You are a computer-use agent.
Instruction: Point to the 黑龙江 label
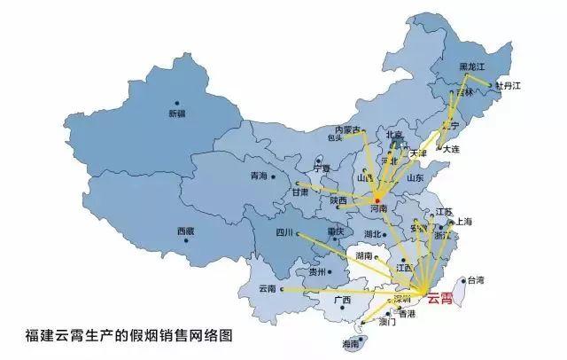pyautogui.click(x=471, y=67)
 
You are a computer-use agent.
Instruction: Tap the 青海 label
pyautogui.click(x=259, y=176)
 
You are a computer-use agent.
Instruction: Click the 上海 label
pyautogui.click(x=462, y=222)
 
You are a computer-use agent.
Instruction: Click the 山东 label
pyautogui.click(x=414, y=178)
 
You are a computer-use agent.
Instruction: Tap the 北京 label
pyautogui.click(x=395, y=136)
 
